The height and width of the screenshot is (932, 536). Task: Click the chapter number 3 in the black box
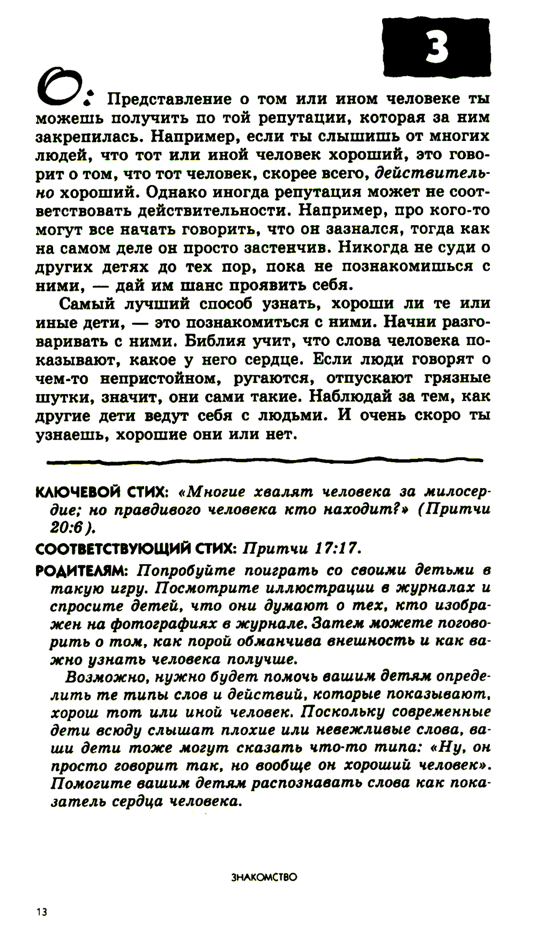pyautogui.click(x=436, y=48)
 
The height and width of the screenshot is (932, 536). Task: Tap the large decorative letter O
pyautogui.click(x=57, y=87)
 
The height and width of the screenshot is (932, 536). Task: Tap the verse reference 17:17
pyautogui.click(x=334, y=549)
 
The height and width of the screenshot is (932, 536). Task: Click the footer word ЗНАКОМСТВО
pyautogui.click(x=264, y=878)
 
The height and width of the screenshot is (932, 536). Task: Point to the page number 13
pyautogui.click(x=42, y=912)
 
